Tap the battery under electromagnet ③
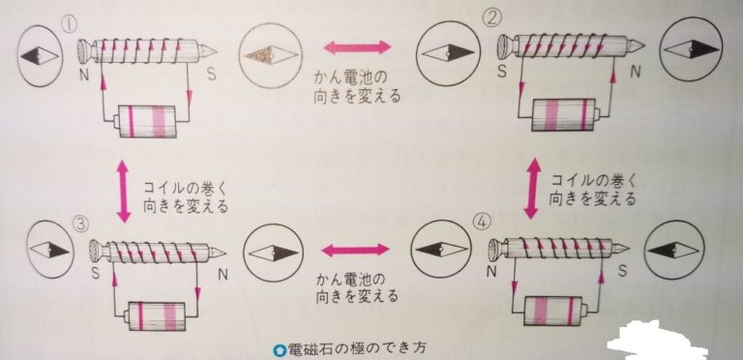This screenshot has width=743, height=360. (156, 315)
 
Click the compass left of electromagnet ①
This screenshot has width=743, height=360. (40, 56)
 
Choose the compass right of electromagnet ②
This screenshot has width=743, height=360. (692, 48)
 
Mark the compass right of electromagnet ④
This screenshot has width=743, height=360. (673, 250)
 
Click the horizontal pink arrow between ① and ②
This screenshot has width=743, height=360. (358, 46)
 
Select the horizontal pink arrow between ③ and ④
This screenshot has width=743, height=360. (355, 250)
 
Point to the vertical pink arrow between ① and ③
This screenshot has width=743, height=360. (123, 191)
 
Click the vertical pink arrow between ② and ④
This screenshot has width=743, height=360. (534, 188)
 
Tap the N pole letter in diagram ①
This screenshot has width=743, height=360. (84, 75)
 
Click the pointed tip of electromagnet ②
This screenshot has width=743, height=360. (644, 45)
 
